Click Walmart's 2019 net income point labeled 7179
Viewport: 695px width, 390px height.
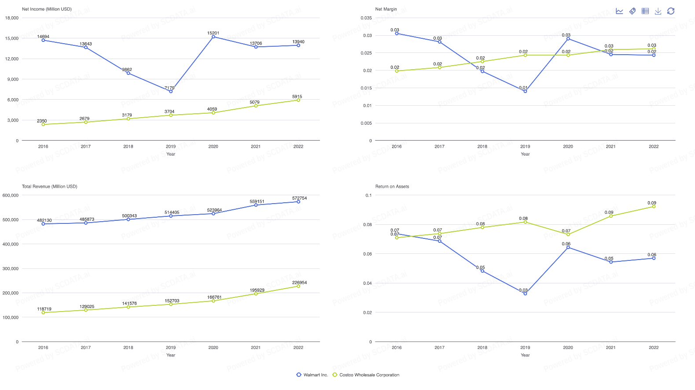(x=171, y=91)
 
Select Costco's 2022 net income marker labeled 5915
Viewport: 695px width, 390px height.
(x=298, y=100)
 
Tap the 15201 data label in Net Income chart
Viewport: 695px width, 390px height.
(x=213, y=33)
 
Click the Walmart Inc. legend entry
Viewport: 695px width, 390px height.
(x=312, y=375)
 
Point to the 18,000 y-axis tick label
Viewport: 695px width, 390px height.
(x=12, y=18)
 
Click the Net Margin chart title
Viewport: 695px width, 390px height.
(x=386, y=9)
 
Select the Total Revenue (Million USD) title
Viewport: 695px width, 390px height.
(x=49, y=186)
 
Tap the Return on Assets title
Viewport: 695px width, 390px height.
(x=392, y=186)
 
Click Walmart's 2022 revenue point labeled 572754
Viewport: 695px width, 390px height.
(x=298, y=202)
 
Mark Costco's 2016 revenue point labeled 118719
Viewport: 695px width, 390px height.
(x=43, y=312)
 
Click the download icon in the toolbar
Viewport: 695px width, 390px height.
(x=658, y=11)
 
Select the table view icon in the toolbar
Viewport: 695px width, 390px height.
(x=645, y=11)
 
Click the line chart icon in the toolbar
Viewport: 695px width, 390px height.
(x=619, y=11)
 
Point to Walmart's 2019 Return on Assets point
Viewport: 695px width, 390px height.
(x=525, y=293)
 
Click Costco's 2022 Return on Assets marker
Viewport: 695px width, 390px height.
(x=654, y=206)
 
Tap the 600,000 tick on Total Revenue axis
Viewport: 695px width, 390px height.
(x=11, y=195)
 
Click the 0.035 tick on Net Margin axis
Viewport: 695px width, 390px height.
(x=366, y=18)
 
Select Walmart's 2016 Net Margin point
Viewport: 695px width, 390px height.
(x=397, y=33)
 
